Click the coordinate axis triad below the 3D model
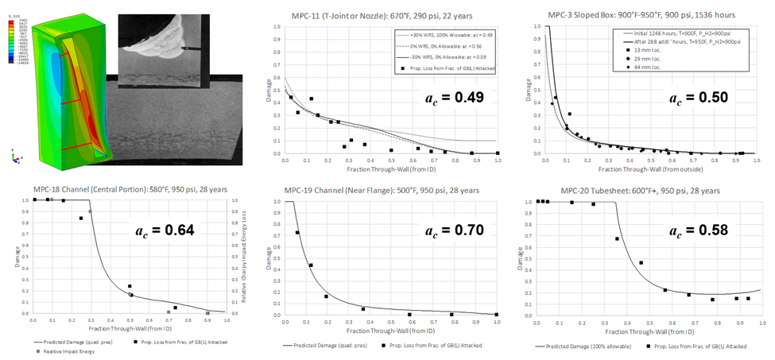click(x=16, y=156)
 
